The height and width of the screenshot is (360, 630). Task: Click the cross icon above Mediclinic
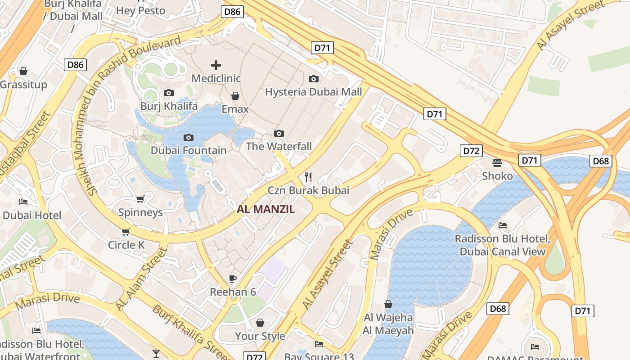(216, 65)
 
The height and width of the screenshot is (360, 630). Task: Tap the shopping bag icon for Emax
(235, 96)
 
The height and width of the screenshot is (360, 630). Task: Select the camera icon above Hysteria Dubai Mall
(314, 79)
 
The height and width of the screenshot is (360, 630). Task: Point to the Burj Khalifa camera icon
(169, 93)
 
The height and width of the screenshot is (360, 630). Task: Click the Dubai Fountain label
(189, 150)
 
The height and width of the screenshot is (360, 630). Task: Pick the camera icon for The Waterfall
(279, 133)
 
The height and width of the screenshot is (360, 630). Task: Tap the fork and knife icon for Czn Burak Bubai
(308, 176)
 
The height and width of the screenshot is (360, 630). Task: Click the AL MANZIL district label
(266, 209)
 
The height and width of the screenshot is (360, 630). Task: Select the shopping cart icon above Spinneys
(140, 199)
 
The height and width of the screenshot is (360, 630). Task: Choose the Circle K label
(126, 245)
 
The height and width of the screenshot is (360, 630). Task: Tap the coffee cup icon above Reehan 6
(233, 278)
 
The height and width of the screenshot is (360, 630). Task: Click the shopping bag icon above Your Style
(260, 323)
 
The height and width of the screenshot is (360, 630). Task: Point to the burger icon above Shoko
(497, 162)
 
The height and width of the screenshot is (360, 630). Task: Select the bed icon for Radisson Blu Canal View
(503, 225)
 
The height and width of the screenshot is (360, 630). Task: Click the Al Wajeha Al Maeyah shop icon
(388, 305)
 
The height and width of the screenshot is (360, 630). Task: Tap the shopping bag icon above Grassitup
(23, 71)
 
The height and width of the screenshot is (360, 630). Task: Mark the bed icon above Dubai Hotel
(23, 202)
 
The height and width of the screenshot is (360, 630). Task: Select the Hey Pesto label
(141, 10)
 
